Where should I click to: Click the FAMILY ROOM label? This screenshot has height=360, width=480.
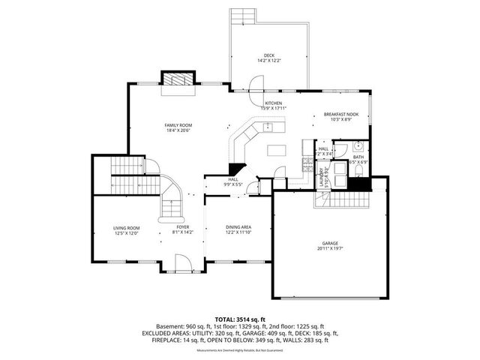(x=179, y=125)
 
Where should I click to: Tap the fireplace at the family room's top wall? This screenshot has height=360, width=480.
(x=179, y=79)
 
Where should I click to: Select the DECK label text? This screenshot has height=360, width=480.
(x=268, y=56)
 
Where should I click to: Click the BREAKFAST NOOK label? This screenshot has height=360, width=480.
(x=341, y=114)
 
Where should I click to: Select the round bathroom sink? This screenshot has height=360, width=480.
(x=359, y=146)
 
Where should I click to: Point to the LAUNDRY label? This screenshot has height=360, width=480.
(x=321, y=178)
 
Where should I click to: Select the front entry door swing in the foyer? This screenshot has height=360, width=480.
(x=182, y=263)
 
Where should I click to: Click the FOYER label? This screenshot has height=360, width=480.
(x=182, y=226)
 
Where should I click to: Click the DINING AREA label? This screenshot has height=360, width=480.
(x=238, y=227)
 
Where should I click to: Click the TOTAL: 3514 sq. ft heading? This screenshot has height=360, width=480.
(x=240, y=319)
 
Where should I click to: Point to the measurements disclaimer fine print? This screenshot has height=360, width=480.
(x=240, y=350)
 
